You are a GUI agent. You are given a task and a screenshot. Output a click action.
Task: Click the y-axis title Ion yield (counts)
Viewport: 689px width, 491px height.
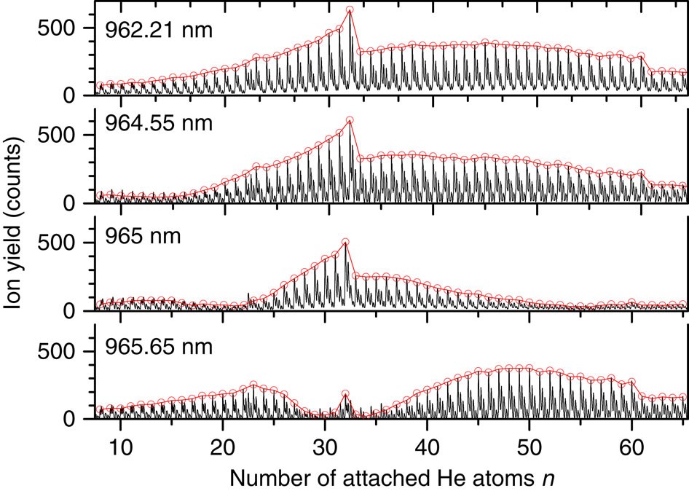[x=16, y=224]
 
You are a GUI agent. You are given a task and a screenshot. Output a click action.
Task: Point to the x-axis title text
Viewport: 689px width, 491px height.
[x=393, y=476]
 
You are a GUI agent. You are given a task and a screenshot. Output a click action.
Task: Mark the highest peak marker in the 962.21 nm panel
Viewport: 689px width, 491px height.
[x=350, y=10]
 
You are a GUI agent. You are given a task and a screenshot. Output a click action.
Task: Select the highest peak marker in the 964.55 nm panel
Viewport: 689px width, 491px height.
[x=350, y=121]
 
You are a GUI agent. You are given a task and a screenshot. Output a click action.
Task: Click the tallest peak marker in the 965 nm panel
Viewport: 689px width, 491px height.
[x=345, y=242]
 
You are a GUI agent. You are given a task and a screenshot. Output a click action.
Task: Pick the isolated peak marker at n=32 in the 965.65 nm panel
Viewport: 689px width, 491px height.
[x=345, y=394]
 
